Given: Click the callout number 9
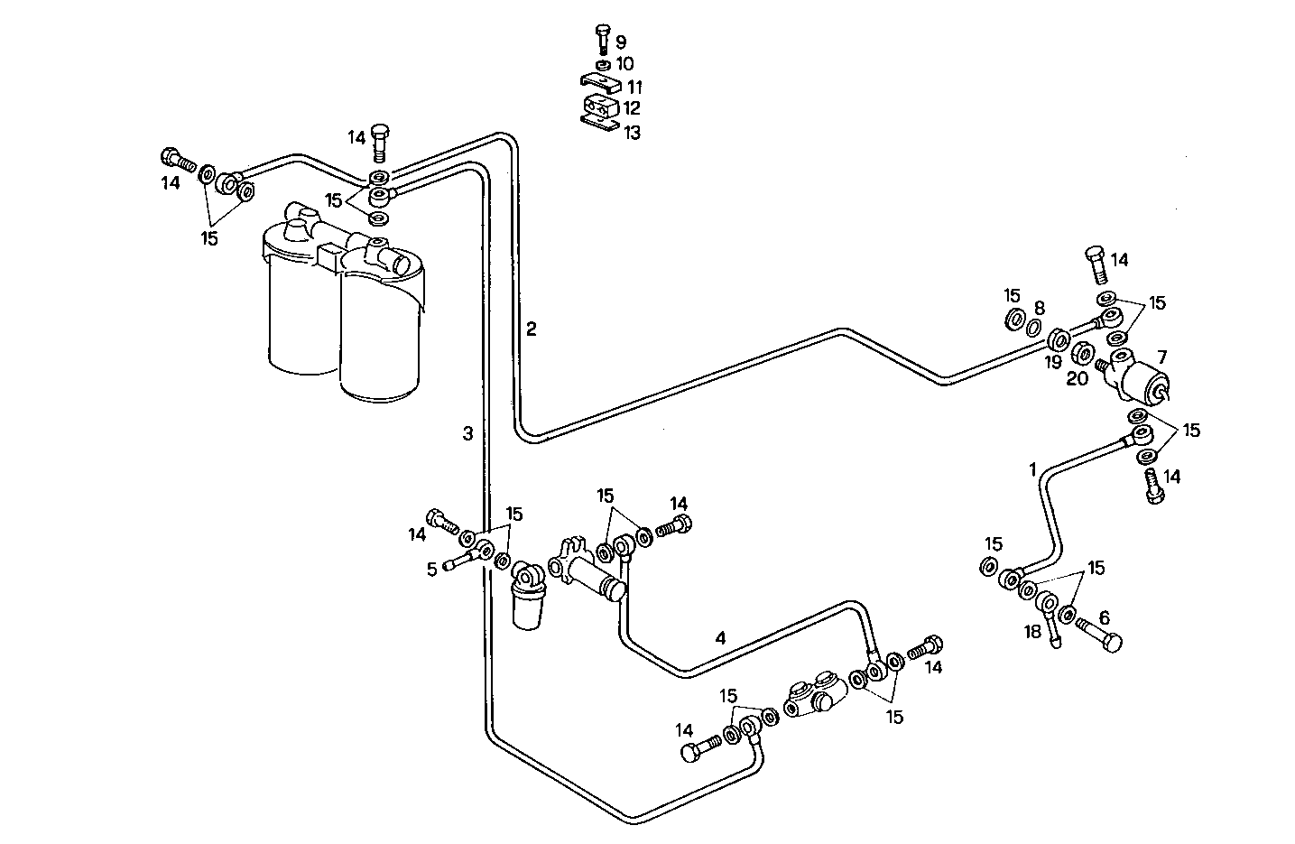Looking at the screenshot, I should click(621, 42).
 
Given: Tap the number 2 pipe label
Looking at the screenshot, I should click(532, 329).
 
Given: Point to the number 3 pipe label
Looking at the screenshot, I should click(467, 433).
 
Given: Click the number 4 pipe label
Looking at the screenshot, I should click(720, 637).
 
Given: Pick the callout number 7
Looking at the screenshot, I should click(1161, 356).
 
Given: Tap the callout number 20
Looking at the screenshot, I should click(1077, 378).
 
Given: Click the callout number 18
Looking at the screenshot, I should click(1033, 632).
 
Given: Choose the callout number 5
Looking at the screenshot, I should click(431, 568).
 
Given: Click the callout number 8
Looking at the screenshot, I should click(1039, 307).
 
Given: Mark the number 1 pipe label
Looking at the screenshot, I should click(1032, 469).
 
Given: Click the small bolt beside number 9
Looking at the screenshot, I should click(603, 40).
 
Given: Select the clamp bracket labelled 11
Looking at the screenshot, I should click(598, 84).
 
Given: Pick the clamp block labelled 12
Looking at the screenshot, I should click(597, 108).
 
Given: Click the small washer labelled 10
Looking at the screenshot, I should click(602, 64).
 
